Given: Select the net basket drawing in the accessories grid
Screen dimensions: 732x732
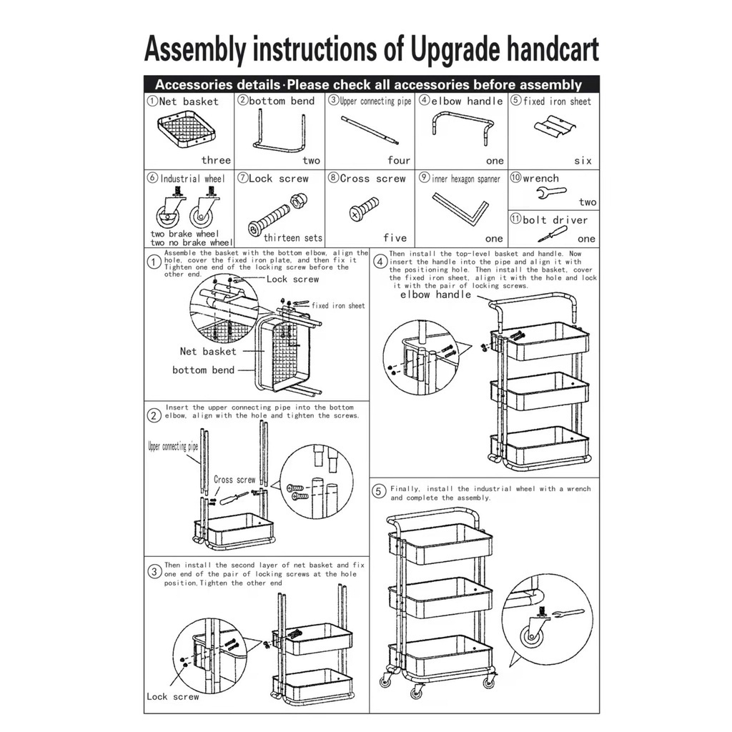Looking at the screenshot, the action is pyautogui.click(x=187, y=129).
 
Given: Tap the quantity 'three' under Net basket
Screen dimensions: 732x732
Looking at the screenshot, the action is pyautogui.click(x=216, y=160).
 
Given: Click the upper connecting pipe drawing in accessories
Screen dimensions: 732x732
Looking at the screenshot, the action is pyautogui.click(x=370, y=131).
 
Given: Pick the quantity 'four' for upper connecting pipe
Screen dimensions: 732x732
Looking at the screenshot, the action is pyautogui.click(x=399, y=161).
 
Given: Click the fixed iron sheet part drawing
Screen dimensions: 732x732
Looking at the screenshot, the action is pyautogui.click(x=555, y=127).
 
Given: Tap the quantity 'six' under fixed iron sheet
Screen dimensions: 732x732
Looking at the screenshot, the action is pyautogui.click(x=583, y=161).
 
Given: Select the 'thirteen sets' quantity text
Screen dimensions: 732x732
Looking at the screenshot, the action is pyautogui.click(x=292, y=238).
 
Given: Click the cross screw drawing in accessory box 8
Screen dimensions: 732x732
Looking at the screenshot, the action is pyautogui.click(x=364, y=209).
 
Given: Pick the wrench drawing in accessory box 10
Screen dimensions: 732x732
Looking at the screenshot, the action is pyautogui.click(x=551, y=192).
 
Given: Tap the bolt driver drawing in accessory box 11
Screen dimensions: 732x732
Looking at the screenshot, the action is pyautogui.click(x=553, y=234).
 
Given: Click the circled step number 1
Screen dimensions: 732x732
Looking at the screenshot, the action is pyautogui.click(x=154, y=262).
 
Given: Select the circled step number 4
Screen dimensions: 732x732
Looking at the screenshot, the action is pyautogui.click(x=380, y=262).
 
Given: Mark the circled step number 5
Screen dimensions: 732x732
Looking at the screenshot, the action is pyautogui.click(x=379, y=491).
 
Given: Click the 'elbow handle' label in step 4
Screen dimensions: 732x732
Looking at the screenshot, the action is pyautogui.click(x=435, y=295).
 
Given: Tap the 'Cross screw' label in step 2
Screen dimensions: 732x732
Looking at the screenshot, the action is pyautogui.click(x=234, y=480).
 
